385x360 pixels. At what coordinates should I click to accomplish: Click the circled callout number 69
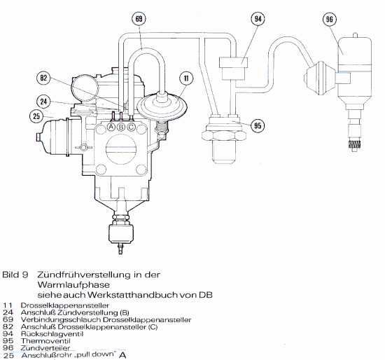pos(139,19)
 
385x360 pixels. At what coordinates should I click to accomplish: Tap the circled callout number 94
pos(258,19)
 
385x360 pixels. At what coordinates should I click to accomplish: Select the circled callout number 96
pos(330,20)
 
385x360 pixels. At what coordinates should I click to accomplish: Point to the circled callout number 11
pos(186,78)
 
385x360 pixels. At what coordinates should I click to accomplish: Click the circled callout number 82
pos(43,78)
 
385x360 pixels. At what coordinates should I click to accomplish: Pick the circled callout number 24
pos(43,102)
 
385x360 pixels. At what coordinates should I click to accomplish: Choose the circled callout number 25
pos(36,116)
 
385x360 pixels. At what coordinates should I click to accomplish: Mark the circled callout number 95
pos(258,126)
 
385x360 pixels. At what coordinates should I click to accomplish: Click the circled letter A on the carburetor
pos(111,127)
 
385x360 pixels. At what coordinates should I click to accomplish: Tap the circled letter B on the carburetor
pos(121,127)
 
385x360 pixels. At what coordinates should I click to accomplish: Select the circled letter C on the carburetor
pos(132,127)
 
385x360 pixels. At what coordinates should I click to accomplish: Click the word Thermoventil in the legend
pos(45,341)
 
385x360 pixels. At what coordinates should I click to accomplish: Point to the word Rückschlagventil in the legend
pos(52,334)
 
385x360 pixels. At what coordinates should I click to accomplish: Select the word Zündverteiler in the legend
pos(45,348)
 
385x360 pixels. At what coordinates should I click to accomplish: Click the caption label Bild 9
pos(15,275)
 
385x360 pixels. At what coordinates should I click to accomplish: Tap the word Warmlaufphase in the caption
pos(73,285)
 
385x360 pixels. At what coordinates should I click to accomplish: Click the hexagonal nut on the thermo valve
pos(223,135)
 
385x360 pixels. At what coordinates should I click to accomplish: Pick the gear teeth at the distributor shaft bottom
pos(354,144)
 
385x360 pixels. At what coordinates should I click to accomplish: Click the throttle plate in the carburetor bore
pos(121,149)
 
